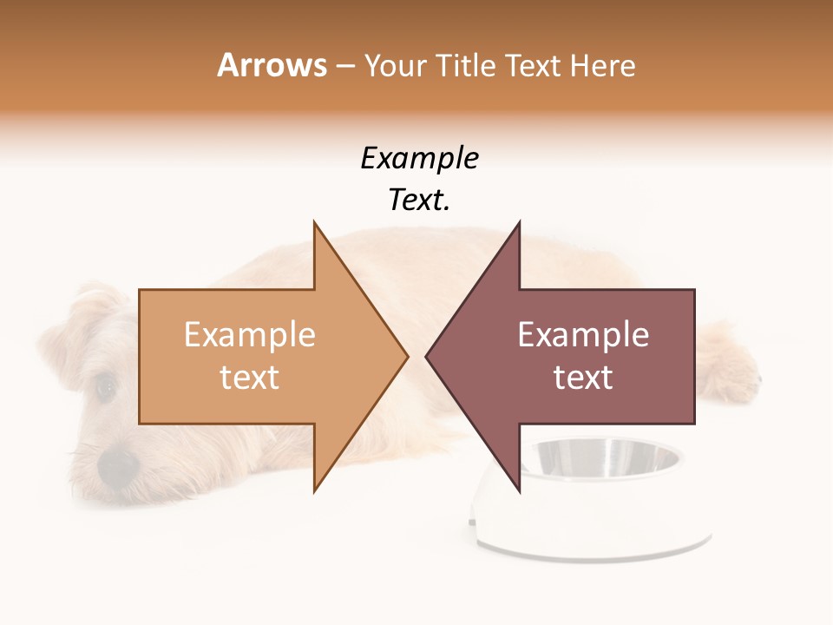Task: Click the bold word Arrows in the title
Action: [272, 65]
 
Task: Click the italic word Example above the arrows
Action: [420, 159]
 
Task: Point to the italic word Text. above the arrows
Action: [420, 201]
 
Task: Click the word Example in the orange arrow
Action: [250, 335]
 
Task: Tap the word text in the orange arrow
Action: [250, 378]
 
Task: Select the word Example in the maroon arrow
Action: [583, 335]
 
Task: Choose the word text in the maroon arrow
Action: [583, 378]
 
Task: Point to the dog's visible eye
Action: [106, 387]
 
